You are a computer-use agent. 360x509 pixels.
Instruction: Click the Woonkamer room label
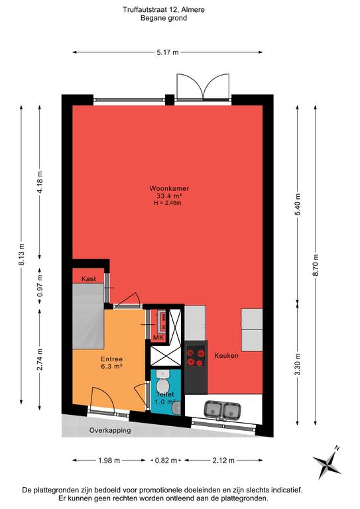pos(169,188)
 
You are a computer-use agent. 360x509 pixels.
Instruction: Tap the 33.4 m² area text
pos(169,196)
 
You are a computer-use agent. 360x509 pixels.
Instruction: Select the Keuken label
pos(226,355)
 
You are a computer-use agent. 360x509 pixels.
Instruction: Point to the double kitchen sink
pos(222,410)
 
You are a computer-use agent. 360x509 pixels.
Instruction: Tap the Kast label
pos(88,279)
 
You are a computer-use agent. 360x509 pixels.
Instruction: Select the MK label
pos(158,338)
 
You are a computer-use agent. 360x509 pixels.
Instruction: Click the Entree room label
pos(111,359)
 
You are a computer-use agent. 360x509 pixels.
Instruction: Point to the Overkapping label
pos(110,430)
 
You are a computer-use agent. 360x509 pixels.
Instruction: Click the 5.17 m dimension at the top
pos(168,52)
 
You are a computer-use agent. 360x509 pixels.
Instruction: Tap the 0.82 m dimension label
pos(166,461)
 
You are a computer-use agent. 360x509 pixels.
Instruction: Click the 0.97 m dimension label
pos(40,286)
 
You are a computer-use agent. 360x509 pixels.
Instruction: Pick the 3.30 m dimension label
pos(298,365)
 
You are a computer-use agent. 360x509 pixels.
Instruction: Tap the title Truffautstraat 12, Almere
pos(164,10)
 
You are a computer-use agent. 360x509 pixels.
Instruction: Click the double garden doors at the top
pos(204,86)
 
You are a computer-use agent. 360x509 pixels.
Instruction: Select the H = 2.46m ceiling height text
pos(168,203)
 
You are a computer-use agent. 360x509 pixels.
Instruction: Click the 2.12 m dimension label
pos(223,461)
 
